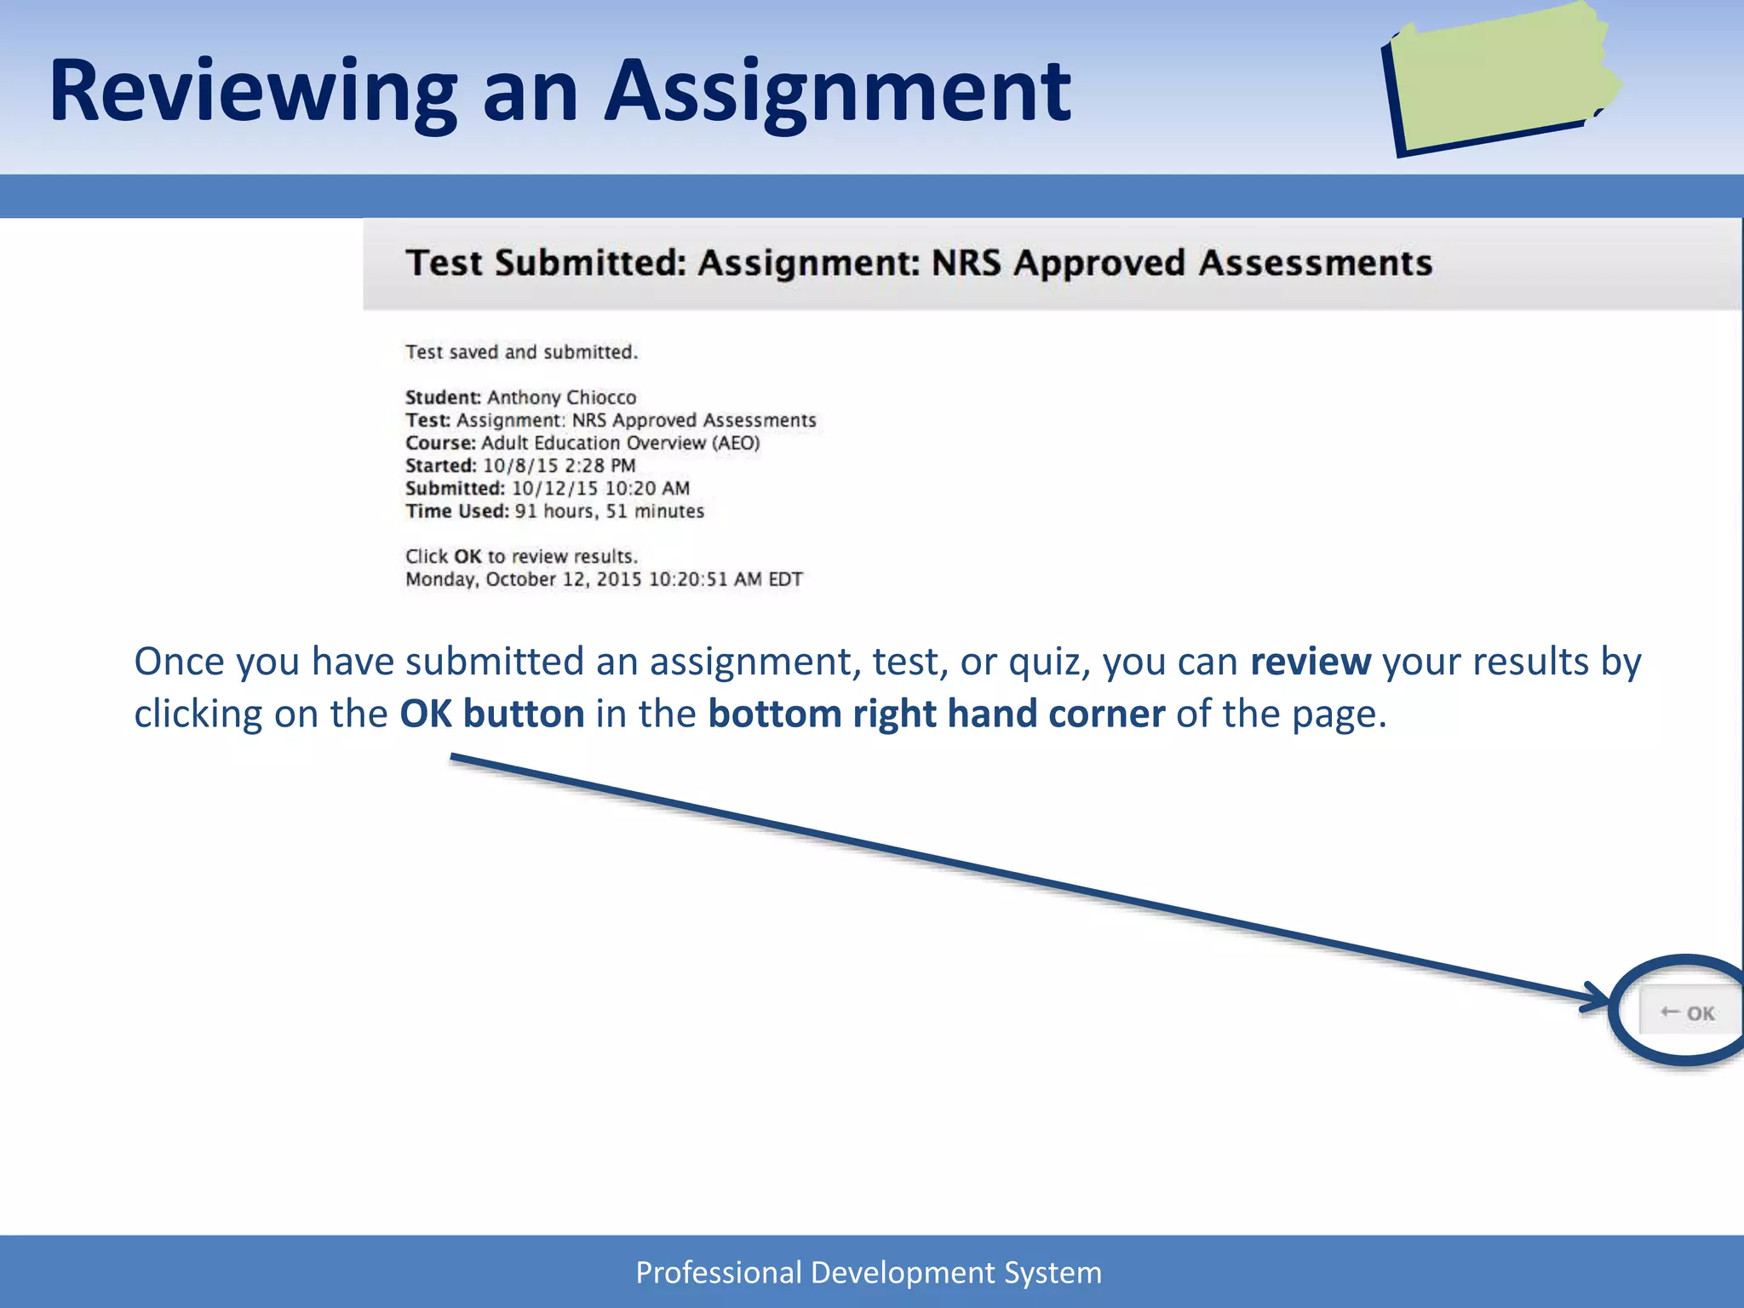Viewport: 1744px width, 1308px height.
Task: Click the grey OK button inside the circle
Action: [1689, 1013]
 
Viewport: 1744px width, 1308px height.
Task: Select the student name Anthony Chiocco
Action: [561, 398]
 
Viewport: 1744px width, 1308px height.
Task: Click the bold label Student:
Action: [443, 398]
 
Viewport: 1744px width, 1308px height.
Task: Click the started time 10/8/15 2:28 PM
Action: [559, 466]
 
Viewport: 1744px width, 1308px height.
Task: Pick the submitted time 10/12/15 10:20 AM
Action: [600, 489]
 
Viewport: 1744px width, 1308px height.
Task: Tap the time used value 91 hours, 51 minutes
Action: [609, 512]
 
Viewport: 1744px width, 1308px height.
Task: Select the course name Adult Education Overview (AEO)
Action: [620, 443]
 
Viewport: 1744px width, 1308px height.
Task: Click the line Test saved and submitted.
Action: [521, 353]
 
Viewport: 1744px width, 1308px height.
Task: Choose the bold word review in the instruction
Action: [1310, 663]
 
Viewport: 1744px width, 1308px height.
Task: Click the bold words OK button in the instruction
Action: [492, 714]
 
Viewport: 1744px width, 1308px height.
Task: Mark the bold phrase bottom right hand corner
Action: [936, 714]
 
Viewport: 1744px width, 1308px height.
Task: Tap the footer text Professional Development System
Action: [869, 1272]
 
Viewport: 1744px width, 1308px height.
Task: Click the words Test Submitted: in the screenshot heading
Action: [546, 263]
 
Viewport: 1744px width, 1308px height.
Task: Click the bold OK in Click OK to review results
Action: [468, 557]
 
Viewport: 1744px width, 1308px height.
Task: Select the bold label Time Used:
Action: [456, 512]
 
